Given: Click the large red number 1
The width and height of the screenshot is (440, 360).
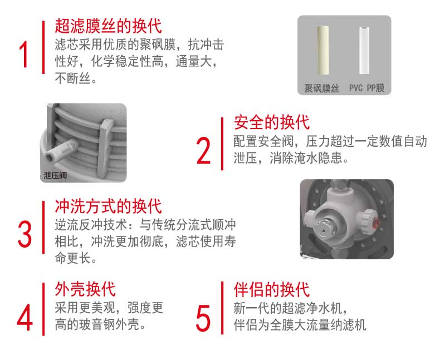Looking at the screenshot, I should (x=24, y=54).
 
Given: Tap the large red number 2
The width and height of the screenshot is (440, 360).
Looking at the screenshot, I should (x=203, y=150).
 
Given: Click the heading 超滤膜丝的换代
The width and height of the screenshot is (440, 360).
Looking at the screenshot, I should (x=108, y=26).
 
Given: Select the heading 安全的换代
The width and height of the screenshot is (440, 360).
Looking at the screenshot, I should (x=271, y=122).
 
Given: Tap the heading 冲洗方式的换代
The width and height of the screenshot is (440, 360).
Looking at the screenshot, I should (x=108, y=206).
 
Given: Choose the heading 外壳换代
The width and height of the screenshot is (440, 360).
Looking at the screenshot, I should (x=85, y=289).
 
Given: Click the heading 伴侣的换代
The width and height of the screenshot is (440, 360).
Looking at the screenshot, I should (x=271, y=290).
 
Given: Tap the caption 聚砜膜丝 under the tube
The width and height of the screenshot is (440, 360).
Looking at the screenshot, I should (x=321, y=88).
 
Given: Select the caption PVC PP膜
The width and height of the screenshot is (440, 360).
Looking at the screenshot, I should (x=366, y=88).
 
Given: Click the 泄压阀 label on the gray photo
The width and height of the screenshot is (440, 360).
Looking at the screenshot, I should (x=55, y=176).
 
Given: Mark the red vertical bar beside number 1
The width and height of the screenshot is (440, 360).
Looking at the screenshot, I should (x=43, y=47).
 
